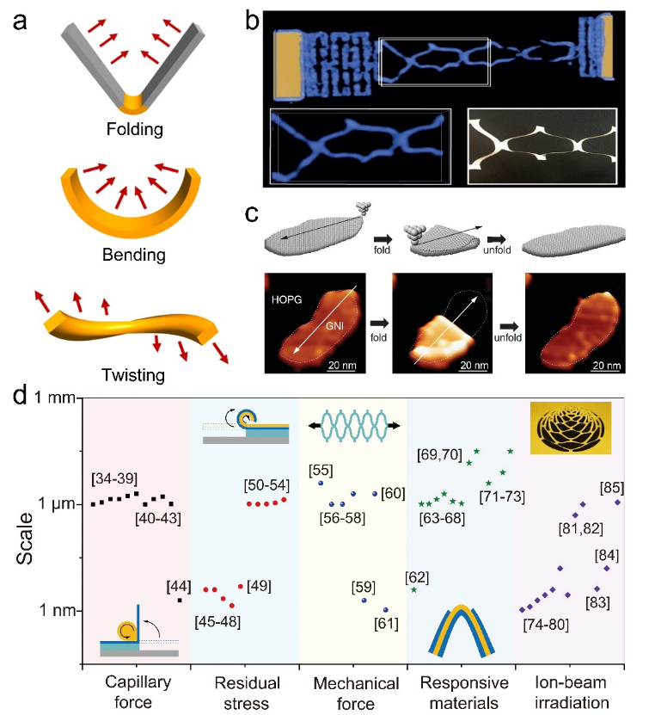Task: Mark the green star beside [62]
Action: point(414,590)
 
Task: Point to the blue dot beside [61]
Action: point(386,610)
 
